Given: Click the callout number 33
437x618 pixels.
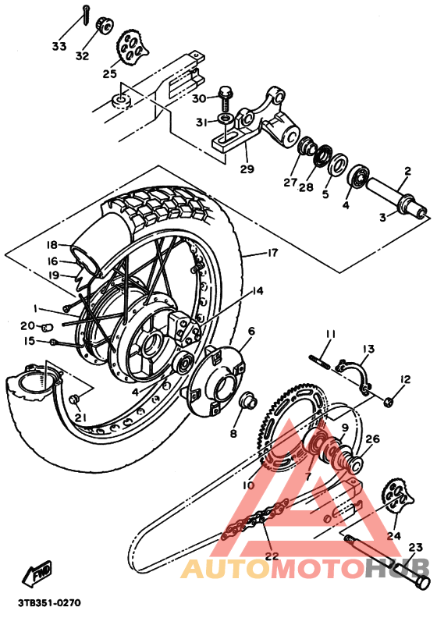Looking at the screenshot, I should [x=59, y=47].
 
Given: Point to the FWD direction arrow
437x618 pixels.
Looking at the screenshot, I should [x=38, y=575].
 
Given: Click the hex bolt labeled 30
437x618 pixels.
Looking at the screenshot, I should [x=225, y=96].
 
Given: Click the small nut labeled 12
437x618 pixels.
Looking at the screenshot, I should [x=389, y=401].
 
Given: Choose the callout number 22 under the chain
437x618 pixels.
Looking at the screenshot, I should [x=271, y=556].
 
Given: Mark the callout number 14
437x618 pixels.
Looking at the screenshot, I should [x=257, y=291].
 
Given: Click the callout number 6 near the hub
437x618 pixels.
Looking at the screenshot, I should [x=251, y=331].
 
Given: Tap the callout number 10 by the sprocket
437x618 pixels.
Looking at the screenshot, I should [x=248, y=485].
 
